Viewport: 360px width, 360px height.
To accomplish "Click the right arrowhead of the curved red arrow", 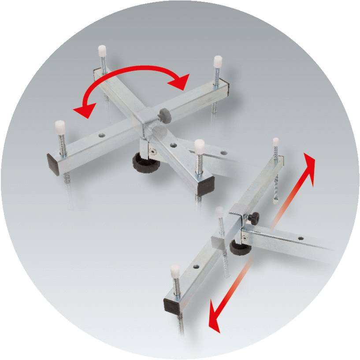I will (181, 81).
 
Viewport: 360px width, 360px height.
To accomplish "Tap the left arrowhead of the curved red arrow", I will (82, 111).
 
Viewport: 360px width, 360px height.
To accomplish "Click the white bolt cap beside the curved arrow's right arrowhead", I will (217, 61).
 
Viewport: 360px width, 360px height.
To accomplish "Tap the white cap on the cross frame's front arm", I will (199, 145).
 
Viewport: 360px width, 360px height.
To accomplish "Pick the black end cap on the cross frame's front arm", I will (205, 185).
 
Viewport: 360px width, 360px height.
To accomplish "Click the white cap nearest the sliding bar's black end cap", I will (175, 270).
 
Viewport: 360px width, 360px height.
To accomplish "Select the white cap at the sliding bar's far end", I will (276, 142).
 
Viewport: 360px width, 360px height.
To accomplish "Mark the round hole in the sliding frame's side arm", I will (301, 239).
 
